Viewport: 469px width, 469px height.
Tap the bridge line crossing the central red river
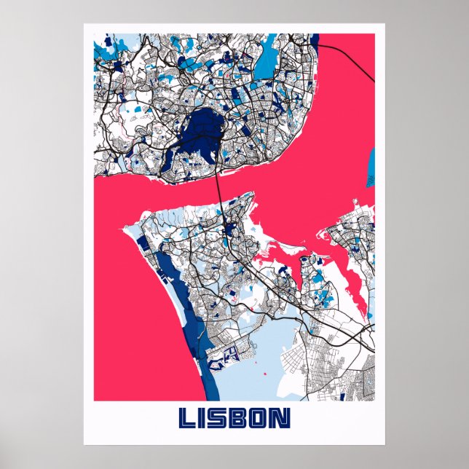pos(219,186)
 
